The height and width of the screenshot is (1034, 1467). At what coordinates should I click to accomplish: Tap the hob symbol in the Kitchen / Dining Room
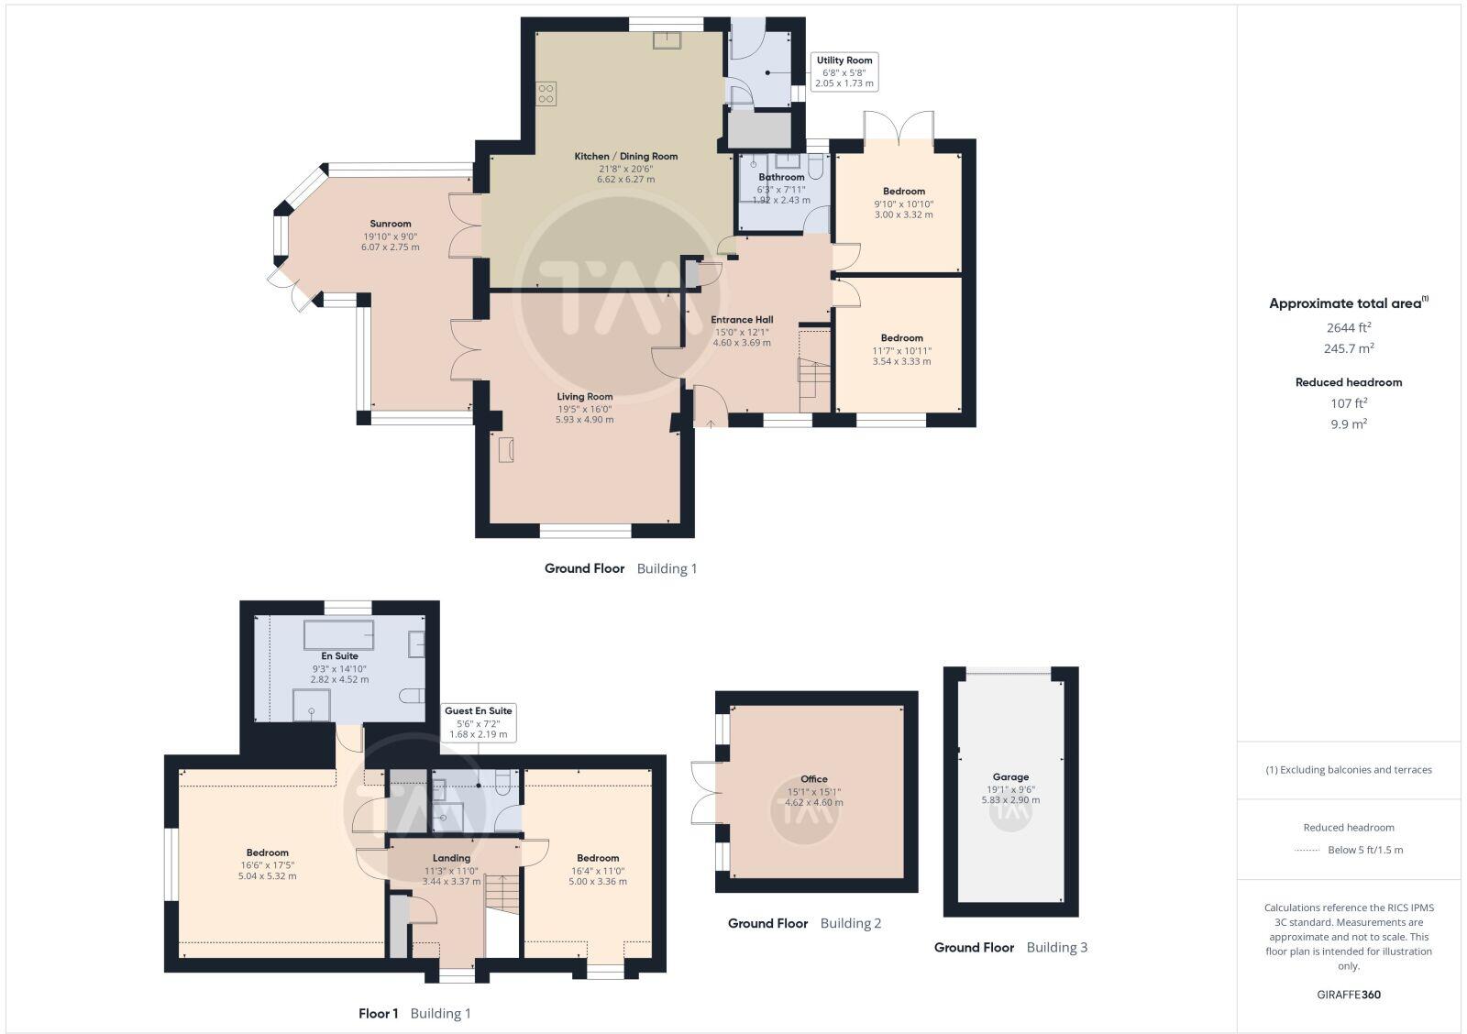point(546,93)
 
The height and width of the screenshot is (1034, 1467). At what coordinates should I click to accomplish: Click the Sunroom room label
point(391,224)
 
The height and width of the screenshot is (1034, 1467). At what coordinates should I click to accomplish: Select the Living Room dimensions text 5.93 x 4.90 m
point(584,420)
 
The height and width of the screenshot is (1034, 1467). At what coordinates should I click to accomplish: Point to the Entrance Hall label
point(742,320)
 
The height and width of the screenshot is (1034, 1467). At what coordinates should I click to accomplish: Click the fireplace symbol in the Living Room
point(506,450)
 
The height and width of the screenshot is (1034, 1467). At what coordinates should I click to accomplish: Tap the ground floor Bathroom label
point(781,177)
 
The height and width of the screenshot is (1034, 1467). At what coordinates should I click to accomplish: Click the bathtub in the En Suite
point(338,634)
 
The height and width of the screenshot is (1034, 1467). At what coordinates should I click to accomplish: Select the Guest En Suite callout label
point(478,711)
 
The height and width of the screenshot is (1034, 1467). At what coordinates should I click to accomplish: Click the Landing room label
point(451,858)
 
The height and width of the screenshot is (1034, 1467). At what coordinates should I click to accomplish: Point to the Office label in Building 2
point(813,779)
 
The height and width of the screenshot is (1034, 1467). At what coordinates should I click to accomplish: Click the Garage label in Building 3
point(1010,776)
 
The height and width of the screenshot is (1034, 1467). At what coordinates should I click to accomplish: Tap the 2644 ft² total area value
point(1349,327)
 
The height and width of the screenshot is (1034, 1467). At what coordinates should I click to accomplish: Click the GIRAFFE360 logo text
point(1349,995)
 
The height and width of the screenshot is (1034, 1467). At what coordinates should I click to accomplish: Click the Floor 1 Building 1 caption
point(414,1013)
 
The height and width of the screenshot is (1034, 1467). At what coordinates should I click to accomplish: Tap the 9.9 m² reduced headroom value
point(1349,423)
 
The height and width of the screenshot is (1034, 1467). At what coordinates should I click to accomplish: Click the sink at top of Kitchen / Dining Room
point(667,39)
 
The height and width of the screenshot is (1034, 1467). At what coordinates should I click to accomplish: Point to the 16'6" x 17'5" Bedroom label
point(267,853)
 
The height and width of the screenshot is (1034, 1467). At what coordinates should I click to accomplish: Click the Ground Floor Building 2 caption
point(804,923)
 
